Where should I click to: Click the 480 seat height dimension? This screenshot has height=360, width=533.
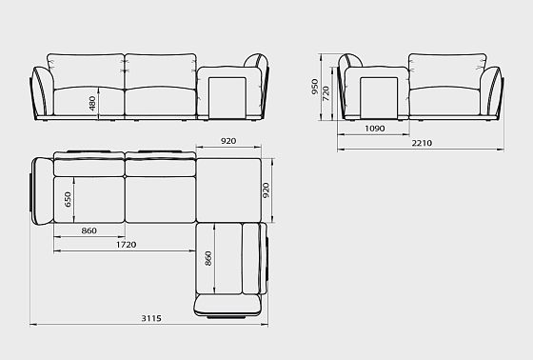pos(92,103)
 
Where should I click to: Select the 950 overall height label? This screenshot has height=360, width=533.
pos(315,87)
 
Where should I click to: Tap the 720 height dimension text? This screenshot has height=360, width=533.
pos(326,93)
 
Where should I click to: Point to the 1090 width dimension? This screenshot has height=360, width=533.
pos(375,129)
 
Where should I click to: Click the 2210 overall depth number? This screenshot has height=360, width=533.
pos(422,143)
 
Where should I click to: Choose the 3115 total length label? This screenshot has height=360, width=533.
pos(151,318)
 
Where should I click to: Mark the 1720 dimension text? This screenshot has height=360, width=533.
pos(126,245)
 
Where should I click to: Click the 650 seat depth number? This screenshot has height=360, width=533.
pos(68,199)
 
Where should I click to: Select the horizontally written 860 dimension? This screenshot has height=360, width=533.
pos(89,230)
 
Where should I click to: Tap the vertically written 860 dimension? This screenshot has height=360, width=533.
pos(208,259)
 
